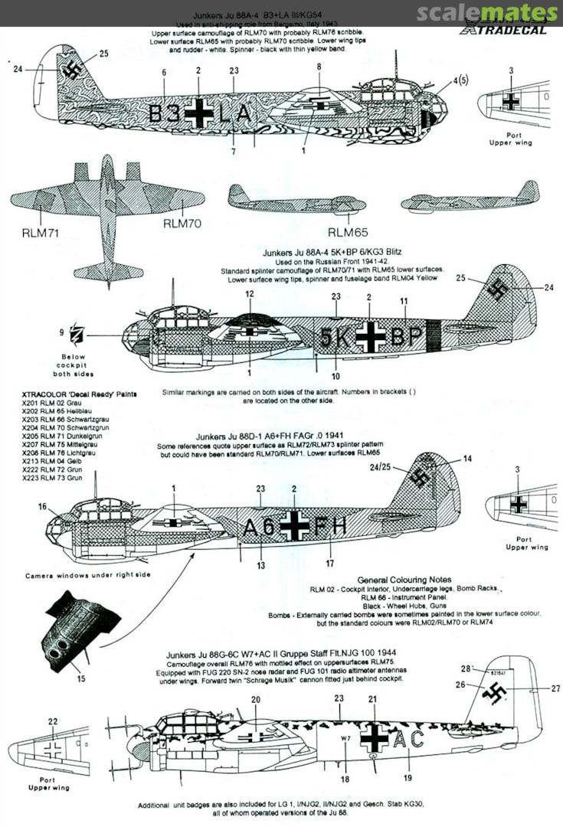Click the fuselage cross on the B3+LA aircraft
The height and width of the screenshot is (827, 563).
pos(199,113)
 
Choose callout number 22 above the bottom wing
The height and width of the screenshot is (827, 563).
pos(52,721)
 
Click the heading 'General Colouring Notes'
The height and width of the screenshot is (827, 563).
pos(404,580)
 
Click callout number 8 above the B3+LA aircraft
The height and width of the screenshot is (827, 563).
pos(319,67)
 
